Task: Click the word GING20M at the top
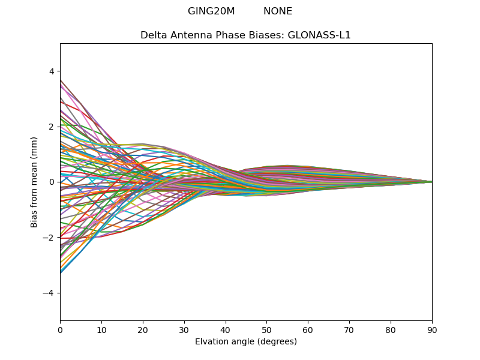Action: (211, 11)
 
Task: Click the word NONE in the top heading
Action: (278, 11)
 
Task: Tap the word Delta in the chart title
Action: (154, 35)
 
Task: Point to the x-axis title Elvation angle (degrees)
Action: (246, 342)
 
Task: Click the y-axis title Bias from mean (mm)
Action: (35, 182)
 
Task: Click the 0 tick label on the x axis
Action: (60, 329)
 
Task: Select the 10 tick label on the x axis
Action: (101, 329)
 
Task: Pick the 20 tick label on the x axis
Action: (143, 329)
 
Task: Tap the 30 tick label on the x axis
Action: (184, 329)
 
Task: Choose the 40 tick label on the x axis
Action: (226, 329)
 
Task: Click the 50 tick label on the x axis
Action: (266, 329)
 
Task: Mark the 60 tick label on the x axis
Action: (308, 329)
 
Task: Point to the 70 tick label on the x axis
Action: (349, 329)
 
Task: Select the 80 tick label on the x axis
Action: (391, 329)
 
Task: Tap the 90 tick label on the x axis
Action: (432, 329)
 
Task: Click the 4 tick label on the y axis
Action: (52, 71)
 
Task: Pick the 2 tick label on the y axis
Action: (52, 127)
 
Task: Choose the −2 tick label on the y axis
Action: (49, 238)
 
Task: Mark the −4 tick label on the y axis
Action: (49, 293)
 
